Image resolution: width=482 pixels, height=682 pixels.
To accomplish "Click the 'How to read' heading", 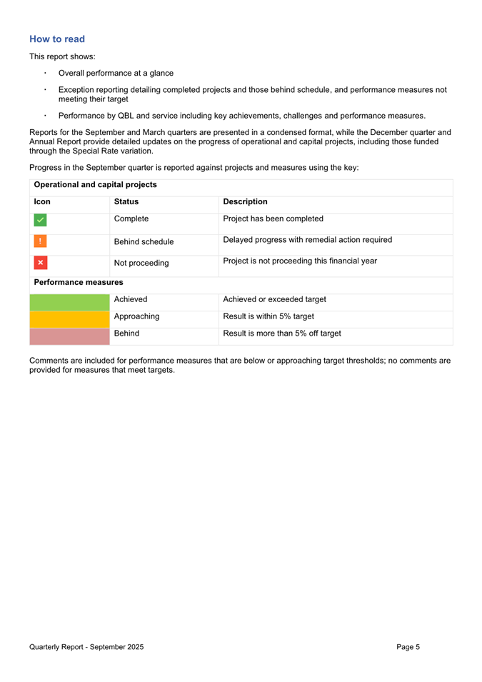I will point(57,39).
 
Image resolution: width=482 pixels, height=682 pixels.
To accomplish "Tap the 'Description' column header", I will point(246,202).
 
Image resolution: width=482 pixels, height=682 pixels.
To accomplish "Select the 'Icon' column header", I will point(42,202).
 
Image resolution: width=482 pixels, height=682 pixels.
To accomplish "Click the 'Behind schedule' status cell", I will point(144,242).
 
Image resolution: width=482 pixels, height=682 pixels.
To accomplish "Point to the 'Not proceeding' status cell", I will point(141,264).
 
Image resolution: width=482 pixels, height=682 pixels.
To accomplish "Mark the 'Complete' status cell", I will point(131,219).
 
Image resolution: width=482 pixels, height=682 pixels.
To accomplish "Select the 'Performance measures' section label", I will point(74,283).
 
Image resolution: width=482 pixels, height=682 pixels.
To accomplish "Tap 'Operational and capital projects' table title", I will point(96,185).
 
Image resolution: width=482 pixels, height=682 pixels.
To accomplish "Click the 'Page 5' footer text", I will point(408,647).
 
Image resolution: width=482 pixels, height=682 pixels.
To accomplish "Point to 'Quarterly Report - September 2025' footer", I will point(86,647).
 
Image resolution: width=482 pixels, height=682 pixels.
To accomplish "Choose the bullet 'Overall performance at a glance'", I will point(116,73).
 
